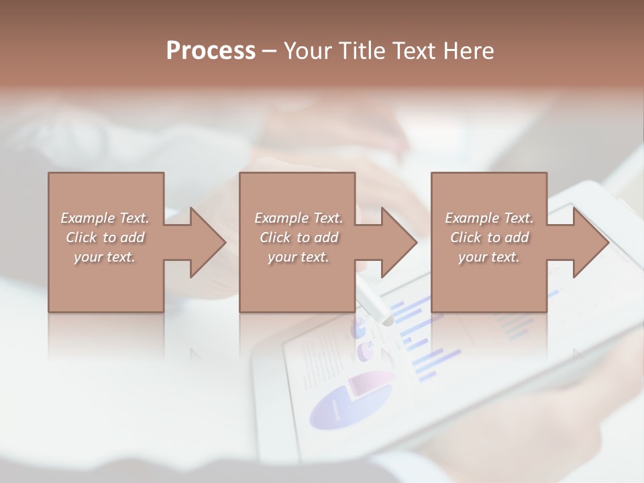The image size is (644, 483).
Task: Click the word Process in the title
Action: (211, 51)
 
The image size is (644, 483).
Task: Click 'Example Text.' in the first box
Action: (105, 218)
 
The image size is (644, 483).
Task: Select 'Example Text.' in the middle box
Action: (298, 218)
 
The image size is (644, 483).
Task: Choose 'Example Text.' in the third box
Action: (489, 218)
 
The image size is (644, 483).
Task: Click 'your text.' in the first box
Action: (105, 257)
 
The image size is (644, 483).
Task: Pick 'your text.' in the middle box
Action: (298, 257)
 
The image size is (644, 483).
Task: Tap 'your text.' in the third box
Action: (489, 257)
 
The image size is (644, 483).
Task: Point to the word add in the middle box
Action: (326, 237)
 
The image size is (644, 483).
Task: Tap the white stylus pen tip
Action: (387, 321)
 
